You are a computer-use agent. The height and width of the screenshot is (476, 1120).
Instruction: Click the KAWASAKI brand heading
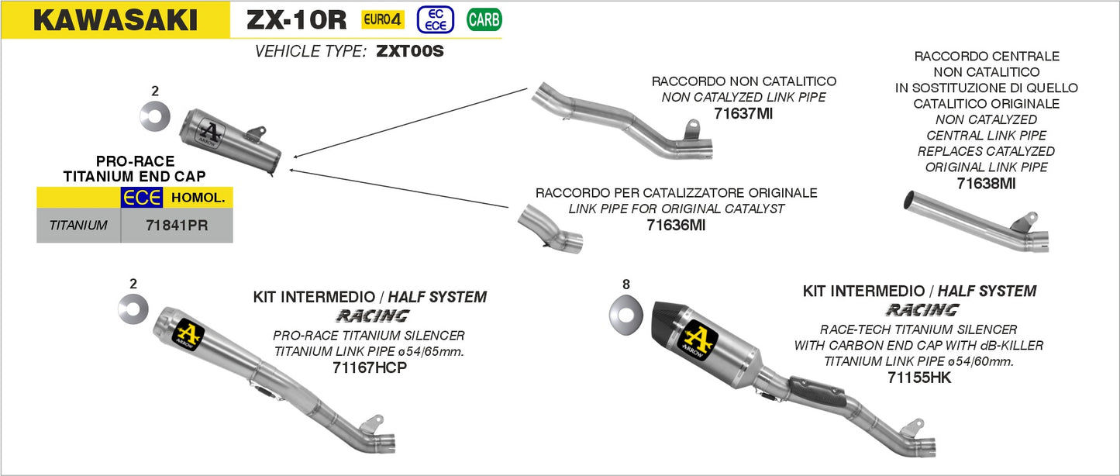click(x=115, y=20)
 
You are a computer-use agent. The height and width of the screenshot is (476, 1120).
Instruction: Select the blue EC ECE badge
click(x=435, y=20)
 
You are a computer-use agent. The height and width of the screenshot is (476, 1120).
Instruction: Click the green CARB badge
click(x=484, y=20)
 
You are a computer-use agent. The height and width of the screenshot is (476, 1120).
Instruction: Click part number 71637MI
click(x=743, y=114)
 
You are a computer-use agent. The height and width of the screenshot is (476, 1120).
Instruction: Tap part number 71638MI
click(x=986, y=184)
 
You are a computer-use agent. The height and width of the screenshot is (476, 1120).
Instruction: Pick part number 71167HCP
click(x=369, y=367)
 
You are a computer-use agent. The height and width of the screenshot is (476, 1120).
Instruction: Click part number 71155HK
click(x=919, y=378)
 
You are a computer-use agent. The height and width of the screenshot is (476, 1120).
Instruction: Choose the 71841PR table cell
click(x=177, y=226)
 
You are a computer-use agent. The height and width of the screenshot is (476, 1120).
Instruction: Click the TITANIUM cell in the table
click(x=78, y=226)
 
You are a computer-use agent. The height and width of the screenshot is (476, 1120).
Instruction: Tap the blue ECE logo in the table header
click(x=141, y=198)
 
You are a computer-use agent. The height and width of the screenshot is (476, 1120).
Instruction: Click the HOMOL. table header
click(x=198, y=198)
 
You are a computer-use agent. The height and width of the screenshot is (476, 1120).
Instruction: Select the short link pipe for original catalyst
click(x=548, y=229)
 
